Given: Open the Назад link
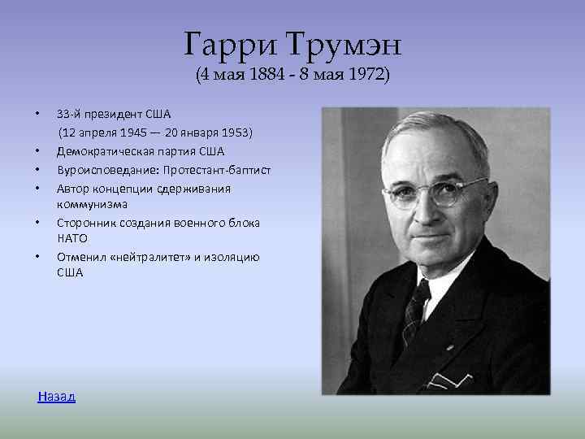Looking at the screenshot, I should [57, 396].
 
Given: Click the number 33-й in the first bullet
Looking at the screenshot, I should [69, 114].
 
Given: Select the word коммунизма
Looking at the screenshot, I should [92, 204].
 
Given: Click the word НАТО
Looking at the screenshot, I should [71, 238].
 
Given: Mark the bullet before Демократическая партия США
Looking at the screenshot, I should [37, 151].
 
